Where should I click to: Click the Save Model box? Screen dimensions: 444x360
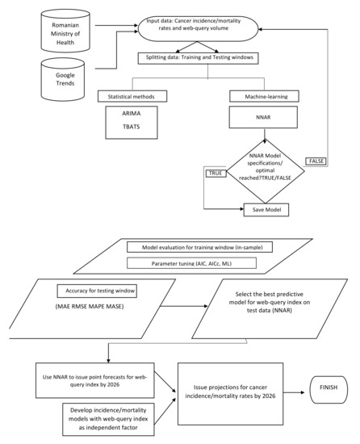pos(266,210)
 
